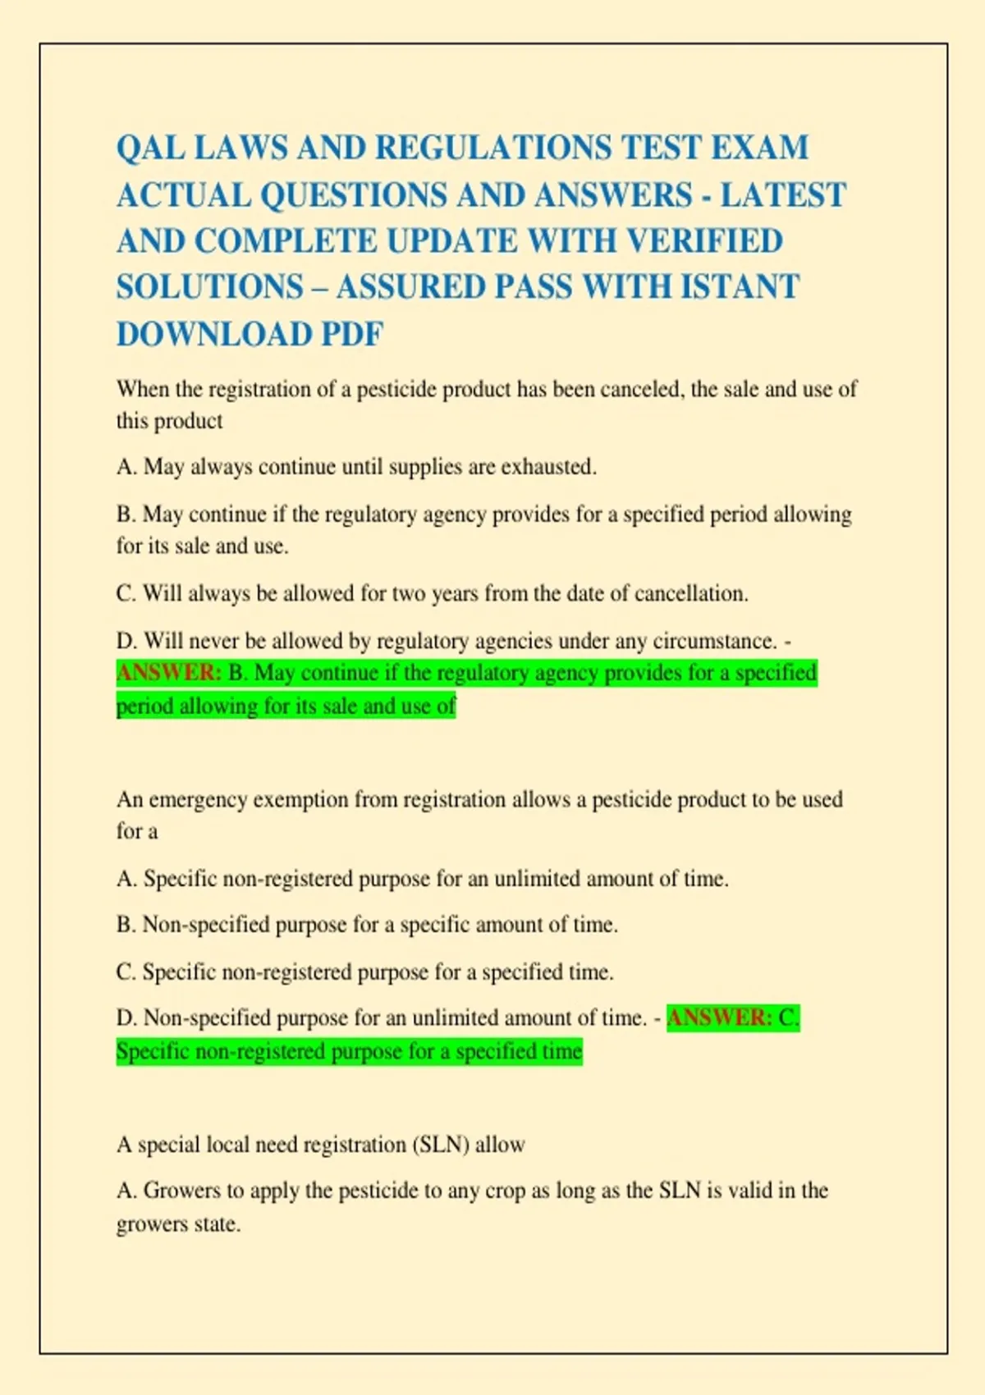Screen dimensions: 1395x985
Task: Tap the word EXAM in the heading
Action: click(759, 149)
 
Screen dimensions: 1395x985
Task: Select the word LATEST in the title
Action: click(783, 195)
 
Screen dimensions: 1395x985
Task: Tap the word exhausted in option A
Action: click(548, 467)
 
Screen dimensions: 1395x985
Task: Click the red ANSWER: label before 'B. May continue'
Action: click(169, 673)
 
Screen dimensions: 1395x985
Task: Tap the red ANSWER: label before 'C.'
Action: click(719, 1018)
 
